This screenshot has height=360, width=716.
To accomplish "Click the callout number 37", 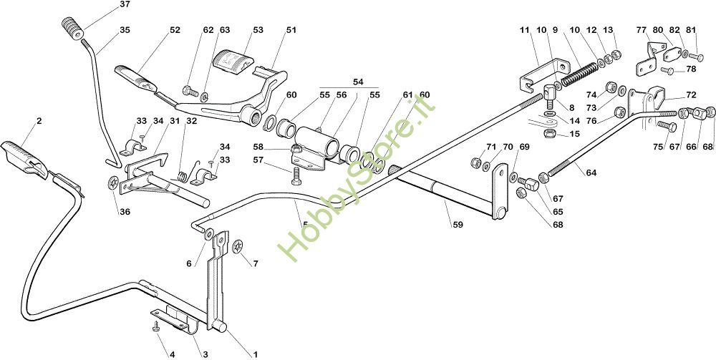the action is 125,5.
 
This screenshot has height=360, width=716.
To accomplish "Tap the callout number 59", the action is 458,225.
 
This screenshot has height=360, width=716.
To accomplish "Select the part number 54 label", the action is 358,82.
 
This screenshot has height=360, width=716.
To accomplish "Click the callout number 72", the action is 691,95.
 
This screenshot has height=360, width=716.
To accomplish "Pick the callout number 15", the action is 575,135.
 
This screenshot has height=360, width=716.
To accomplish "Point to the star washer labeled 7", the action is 237,247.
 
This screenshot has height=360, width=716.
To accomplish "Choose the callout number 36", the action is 125,212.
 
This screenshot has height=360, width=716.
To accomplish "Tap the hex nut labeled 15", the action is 548,133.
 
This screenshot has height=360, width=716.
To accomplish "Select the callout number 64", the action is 591,172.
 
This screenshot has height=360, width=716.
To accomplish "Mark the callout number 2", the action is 39,121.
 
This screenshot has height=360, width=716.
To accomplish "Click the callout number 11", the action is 525,30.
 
